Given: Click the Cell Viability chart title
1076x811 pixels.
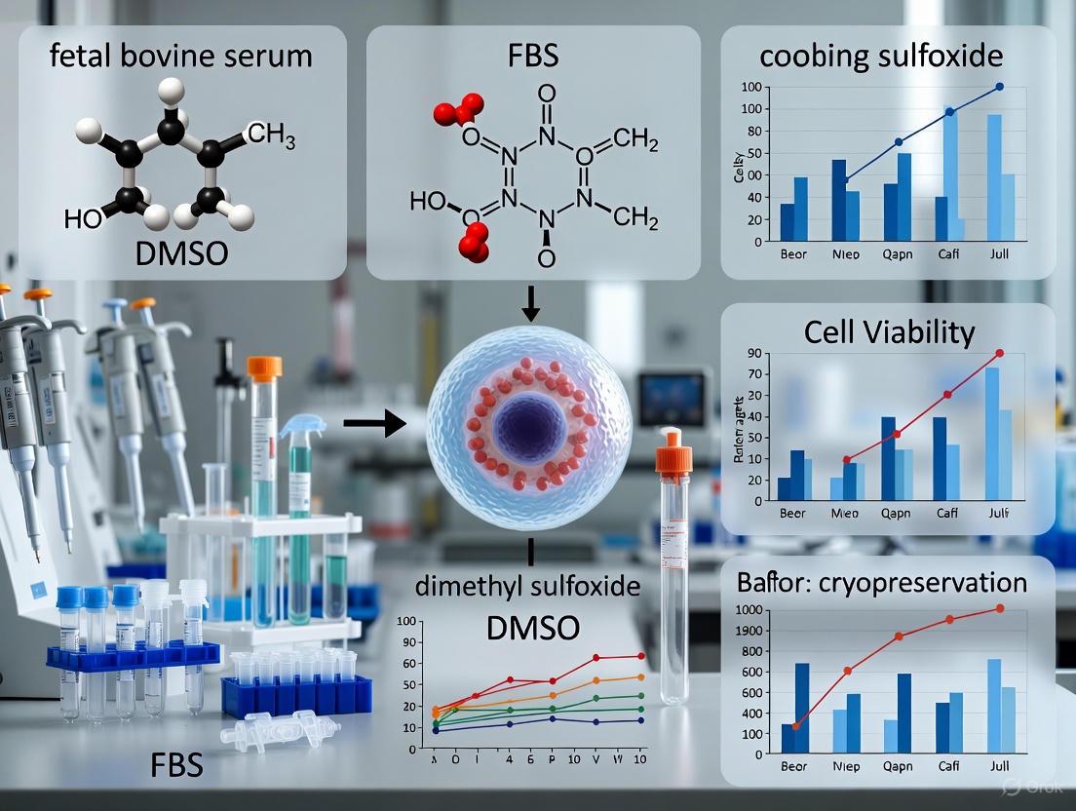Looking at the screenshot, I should click(889, 332).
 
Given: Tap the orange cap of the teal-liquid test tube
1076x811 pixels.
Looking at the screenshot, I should click(264, 367).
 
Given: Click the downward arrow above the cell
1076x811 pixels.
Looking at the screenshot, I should click(529, 306).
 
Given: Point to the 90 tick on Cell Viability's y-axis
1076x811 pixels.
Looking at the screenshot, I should click(750, 352).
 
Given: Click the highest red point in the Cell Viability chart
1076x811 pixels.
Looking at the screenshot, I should click(999, 353).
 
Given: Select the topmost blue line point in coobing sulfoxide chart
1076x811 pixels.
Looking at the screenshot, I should click(999, 88).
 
